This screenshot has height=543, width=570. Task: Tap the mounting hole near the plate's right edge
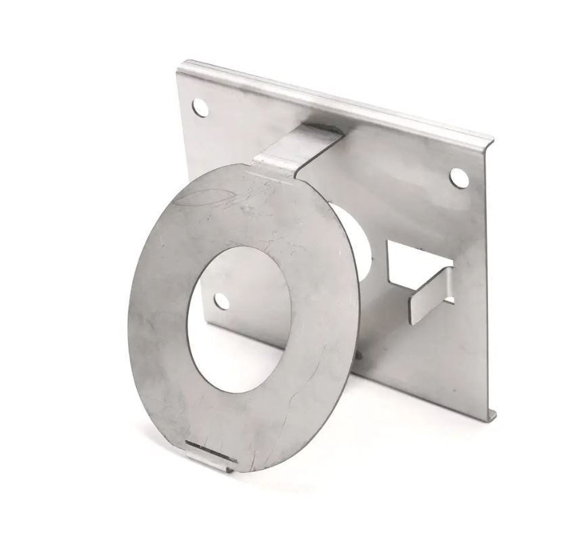458,177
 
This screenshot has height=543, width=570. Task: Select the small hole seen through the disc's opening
221,301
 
